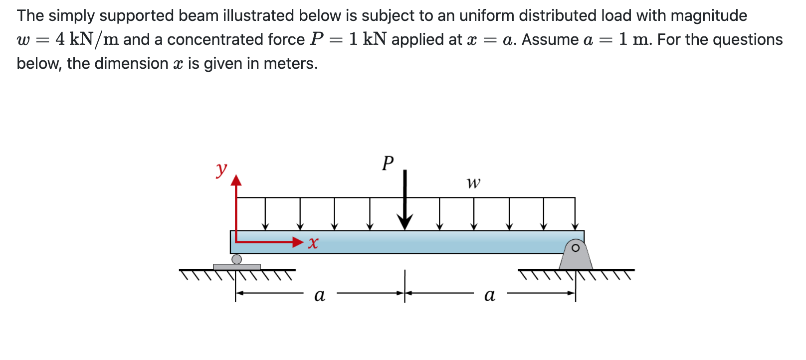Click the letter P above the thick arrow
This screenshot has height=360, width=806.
[x=388, y=163]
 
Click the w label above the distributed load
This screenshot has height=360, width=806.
[x=473, y=183]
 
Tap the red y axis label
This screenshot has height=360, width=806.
[x=221, y=169]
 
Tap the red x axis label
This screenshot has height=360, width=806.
[x=313, y=243]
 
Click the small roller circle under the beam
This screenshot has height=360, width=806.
[x=237, y=259]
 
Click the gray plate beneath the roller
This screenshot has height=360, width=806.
[x=237, y=267]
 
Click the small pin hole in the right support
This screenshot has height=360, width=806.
[x=576, y=248]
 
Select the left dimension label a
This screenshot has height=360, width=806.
[x=320, y=295]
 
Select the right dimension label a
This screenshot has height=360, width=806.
[x=490, y=295]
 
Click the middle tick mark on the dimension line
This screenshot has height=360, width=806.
[x=405, y=286]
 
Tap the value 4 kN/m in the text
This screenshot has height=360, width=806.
[x=87, y=39]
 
